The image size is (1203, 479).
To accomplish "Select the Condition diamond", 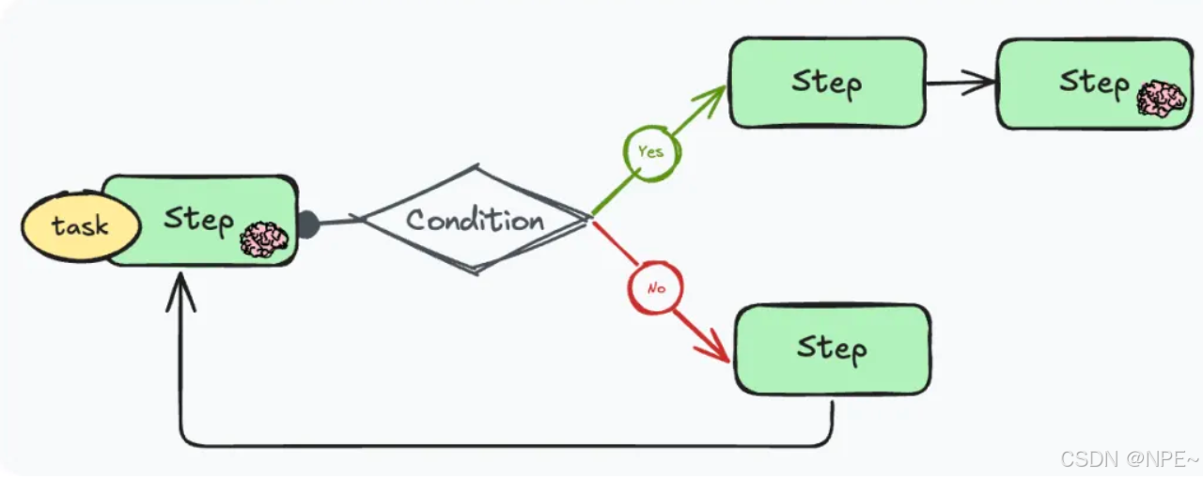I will tap(476, 220).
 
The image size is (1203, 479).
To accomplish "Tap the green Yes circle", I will tap(650, 151).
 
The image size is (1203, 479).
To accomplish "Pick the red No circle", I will tap(655, 287).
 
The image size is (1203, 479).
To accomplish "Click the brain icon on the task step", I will tap(264, 239).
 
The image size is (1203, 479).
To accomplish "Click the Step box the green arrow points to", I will tap(827, 83).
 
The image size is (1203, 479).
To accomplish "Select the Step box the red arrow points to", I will tap(832, 348).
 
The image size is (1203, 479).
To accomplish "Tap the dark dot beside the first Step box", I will tap(307, 225).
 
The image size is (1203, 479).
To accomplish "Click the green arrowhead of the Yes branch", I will tap(715, 97).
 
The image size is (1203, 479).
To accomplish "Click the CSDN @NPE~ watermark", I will tap(1129, 459).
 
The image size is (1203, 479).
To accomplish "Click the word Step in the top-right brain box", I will tap(1094, 83).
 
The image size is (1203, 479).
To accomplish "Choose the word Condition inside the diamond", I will tap(476, 220).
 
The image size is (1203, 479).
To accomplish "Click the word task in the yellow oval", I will tap(80, 226).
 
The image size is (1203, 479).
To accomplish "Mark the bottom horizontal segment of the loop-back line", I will tap(508, 444).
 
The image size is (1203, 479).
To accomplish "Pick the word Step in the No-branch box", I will tap(832, 348).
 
